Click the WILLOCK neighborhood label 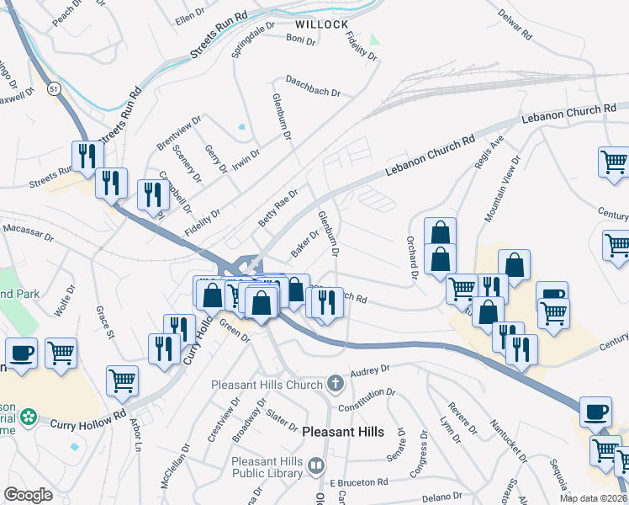click(322, 24)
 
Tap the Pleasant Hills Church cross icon click(335, 385)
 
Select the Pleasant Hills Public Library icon click(316, 465)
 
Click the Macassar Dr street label click(28, 228)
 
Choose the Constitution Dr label click(367, 399)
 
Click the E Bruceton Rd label click(358, 481)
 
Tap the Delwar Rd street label click(515, 26)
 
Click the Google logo click(28, 495)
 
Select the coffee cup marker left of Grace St click(21, 352)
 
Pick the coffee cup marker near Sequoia click(596, 411)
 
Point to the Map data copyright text click(592, 497)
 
